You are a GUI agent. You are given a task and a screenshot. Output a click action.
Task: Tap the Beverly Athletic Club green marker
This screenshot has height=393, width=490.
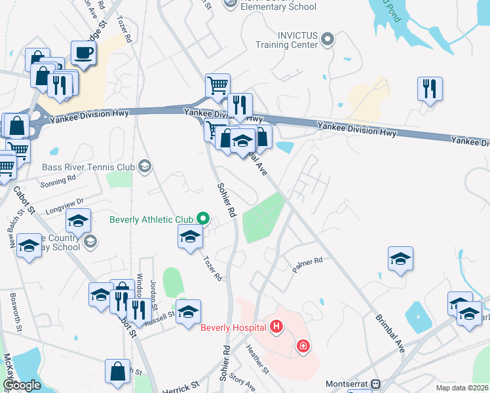pos(203,219)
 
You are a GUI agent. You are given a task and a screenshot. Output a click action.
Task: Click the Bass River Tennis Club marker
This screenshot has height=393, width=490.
pos(144,167)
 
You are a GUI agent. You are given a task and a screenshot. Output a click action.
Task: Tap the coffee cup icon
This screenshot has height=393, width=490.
pos(83,52)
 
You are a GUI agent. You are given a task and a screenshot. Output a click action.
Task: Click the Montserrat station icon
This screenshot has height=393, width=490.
pos(375,384)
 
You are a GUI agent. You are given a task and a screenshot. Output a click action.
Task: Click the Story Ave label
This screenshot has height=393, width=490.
pos(242,383)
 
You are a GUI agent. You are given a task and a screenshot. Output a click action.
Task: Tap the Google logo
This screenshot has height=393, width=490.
pos(21,385)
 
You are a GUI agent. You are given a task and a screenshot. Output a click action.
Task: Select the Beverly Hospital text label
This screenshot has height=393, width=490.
pos(233,327)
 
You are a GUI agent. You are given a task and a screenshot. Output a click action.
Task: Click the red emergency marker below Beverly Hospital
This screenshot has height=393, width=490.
pos(303,345)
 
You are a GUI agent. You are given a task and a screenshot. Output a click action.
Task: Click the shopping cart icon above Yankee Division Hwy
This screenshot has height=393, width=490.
pos(217,84)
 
